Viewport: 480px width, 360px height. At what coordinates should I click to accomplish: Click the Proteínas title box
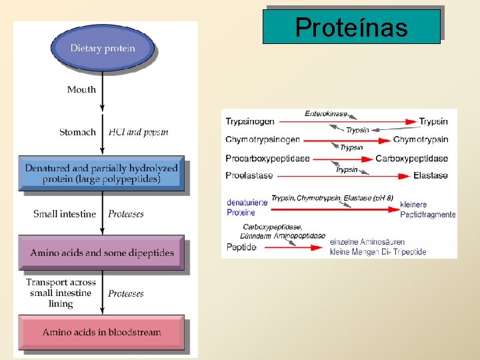pos(351,27)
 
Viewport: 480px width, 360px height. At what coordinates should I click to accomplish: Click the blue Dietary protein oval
pos(103,48)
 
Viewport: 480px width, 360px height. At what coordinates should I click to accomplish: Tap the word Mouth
pos(81,89)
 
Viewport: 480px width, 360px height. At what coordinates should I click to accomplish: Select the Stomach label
pos(77,132)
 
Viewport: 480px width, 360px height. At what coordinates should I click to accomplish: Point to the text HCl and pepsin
pos(138,132)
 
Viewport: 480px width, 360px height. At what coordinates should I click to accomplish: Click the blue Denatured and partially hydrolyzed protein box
pos(101,174)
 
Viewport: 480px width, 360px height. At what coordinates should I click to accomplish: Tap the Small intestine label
pos(65,214)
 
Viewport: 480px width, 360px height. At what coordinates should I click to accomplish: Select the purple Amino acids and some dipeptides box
pos(101,253)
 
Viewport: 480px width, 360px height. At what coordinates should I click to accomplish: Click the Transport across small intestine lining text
pos(61,293)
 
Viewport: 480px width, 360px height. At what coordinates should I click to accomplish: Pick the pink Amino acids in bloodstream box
pos(101,332)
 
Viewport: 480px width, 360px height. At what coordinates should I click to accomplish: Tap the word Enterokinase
pos(326,113)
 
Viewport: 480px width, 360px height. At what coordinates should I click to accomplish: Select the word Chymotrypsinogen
pos(263,140)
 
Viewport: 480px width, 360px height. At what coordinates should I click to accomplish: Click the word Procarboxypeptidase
pos(267,159)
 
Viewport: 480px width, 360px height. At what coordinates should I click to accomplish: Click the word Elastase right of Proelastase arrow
pos(430,175)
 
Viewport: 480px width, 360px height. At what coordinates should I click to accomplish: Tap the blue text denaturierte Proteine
pos(247,207)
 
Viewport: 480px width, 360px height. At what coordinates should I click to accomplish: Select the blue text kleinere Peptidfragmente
pos(427,209)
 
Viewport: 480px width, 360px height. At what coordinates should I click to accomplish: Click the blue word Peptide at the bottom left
pos(241,247)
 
